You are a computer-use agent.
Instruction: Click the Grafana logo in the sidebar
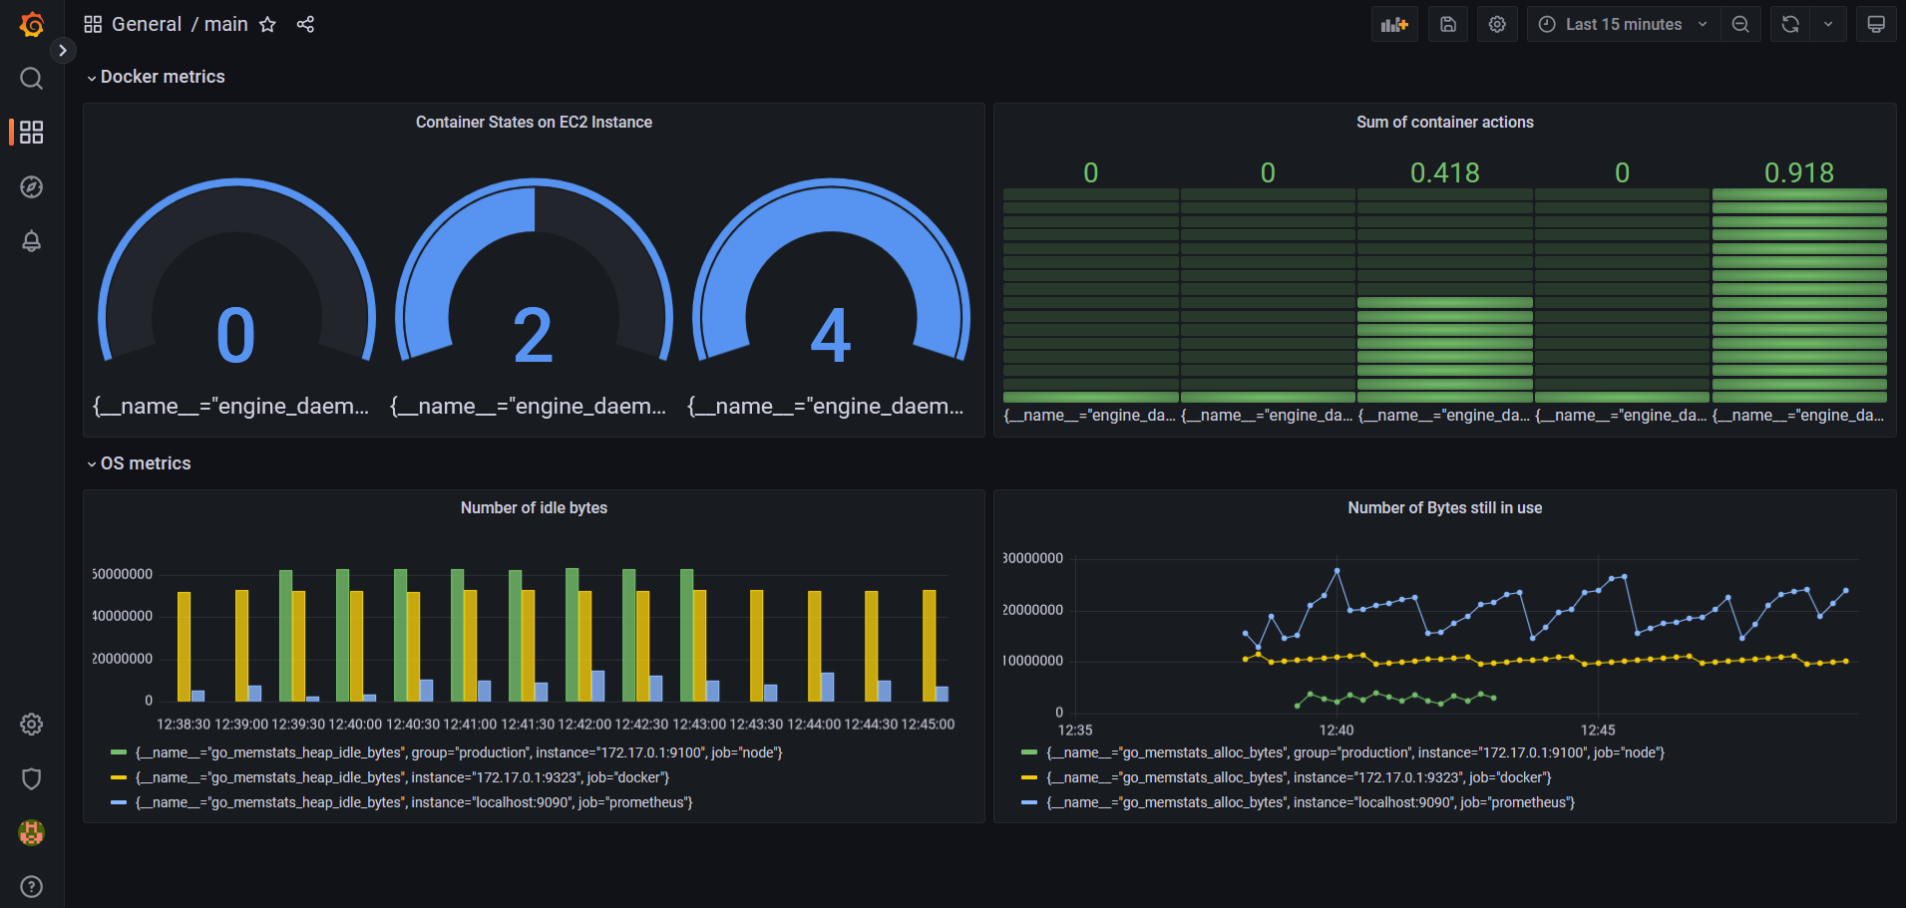32,24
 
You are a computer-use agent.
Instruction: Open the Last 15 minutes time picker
1623,24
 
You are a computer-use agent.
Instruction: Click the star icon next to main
267,24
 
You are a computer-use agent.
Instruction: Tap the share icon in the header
305,24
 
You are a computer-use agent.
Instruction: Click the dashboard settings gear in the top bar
1497,24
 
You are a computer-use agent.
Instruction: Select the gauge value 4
830,336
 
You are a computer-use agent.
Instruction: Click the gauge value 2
533,336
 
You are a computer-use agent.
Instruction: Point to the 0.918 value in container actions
1798,172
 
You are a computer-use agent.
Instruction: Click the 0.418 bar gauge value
1444,172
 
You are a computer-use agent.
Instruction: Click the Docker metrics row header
163,77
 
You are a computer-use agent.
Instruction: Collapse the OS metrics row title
146,463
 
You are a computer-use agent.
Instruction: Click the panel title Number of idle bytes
534,507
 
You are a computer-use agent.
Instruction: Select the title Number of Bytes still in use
1444,507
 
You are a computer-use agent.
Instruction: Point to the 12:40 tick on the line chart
1336,730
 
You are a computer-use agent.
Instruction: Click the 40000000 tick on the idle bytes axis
123,616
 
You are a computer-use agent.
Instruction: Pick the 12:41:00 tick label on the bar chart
470,725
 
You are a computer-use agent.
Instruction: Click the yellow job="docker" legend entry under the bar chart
402,777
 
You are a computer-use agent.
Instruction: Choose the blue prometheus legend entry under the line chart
1310,802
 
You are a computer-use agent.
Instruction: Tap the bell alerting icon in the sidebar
32,241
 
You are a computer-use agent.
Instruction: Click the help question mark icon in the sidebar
32,886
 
